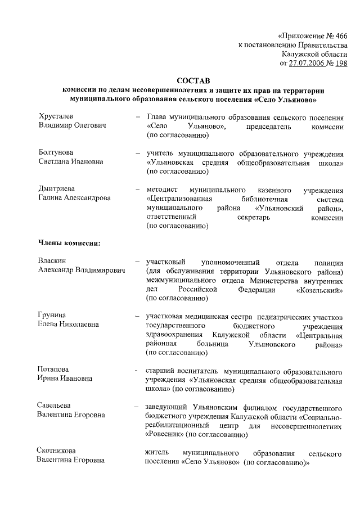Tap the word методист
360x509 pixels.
(162, 189)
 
